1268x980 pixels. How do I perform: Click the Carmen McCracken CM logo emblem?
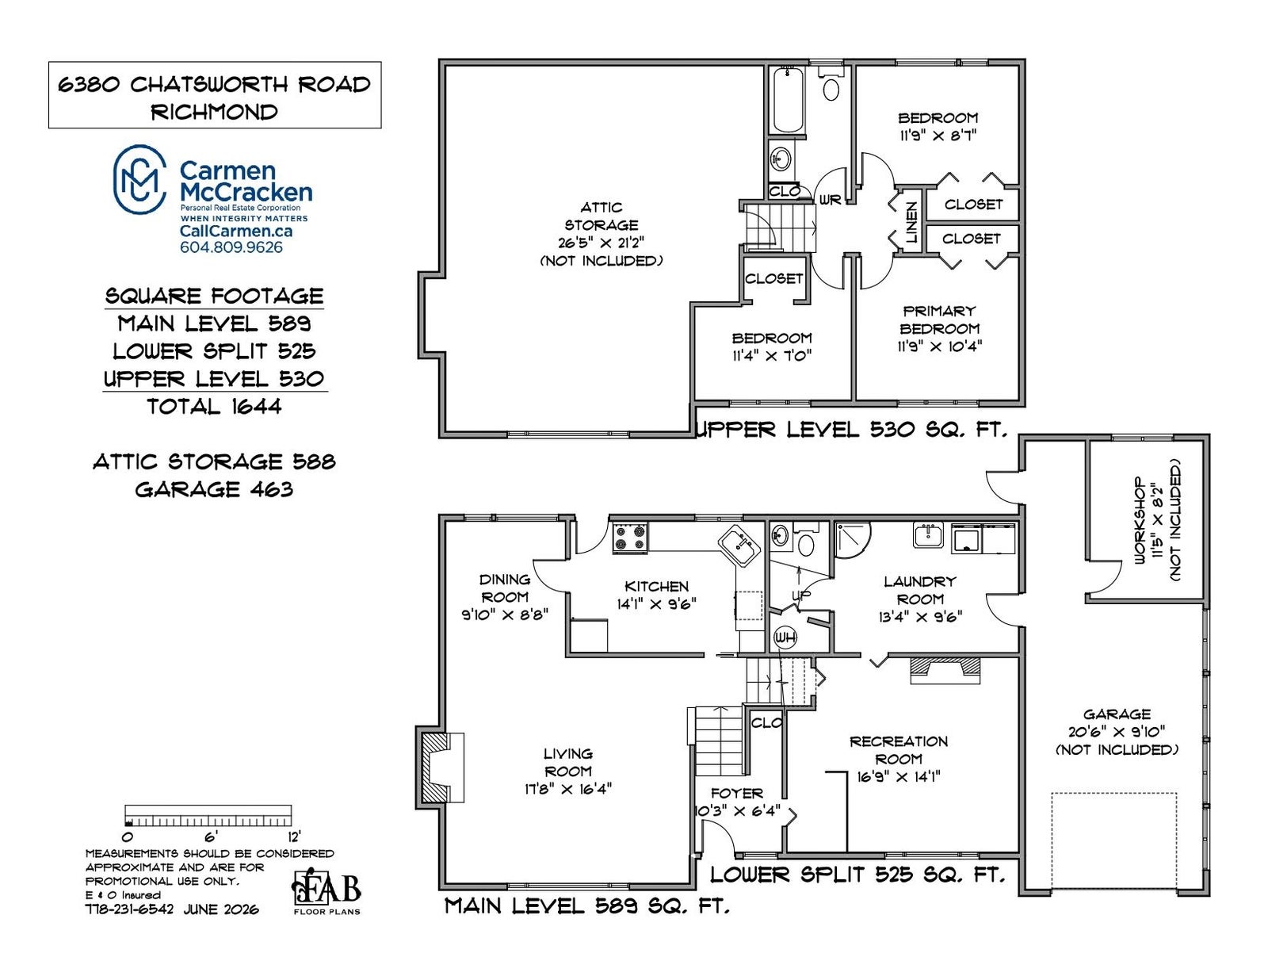(139, 178)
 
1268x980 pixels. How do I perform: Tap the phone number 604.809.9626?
(231, 247)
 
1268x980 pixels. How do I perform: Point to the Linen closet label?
(911, 222)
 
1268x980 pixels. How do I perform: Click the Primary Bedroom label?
(939, 320)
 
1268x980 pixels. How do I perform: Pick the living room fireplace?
(441, 768)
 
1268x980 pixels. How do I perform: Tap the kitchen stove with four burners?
(629, 538)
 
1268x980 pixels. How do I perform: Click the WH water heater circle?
(785, 637)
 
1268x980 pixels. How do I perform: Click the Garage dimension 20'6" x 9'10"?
(1117, 731)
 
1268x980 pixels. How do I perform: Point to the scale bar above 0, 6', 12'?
(208, 815)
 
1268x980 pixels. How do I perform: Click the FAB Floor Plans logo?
(327, 891)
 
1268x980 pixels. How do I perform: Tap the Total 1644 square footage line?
(214, 406)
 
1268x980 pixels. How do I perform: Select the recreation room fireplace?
(945, 669)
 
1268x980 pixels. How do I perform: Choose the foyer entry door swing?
(718, 837)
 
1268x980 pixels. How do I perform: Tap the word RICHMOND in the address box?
(214, 112)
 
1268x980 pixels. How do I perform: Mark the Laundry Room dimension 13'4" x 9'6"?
(919, 616)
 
